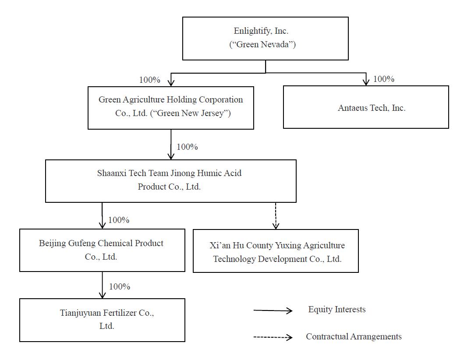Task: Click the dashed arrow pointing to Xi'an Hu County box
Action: tap(276, 216)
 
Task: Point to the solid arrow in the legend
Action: tap(273, 311)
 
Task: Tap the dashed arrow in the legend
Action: tap(273, 337)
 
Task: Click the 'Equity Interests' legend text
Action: tap(337, 309)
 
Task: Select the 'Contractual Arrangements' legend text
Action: tap(354, 337)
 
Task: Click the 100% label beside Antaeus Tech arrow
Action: tap(383, 79)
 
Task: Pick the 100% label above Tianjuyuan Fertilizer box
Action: tap(120, 286)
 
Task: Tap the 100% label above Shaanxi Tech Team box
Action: tap(187, 147)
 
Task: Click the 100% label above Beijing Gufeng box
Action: tap(119, 220)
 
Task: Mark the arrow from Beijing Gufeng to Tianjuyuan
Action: tap(102, 285)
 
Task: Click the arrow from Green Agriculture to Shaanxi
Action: tap(171, 145)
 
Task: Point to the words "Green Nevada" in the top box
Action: tap(262, 44)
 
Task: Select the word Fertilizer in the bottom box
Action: tap(120, 313)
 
